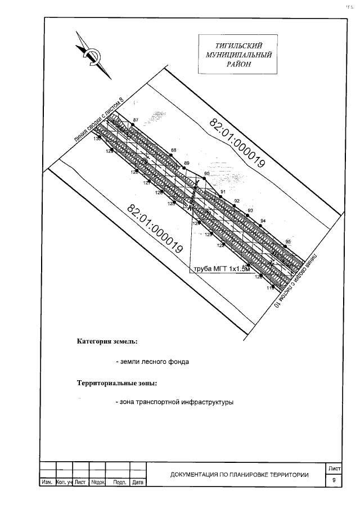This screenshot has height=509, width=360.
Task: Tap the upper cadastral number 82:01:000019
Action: (x=237, y=143)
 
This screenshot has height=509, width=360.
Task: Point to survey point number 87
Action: (x=136, y=120)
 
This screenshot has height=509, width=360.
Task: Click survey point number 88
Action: (x=174, y=150)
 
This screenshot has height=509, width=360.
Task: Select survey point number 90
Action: (x=206, y=174)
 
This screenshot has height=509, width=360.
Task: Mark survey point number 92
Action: (x=237, y=201)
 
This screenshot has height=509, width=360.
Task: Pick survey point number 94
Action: (x=263, y=220)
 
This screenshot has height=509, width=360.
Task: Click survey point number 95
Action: (x=288, y=242)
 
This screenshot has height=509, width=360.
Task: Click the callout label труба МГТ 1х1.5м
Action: (x=220, y=269)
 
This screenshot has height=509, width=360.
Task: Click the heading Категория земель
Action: (x=107, y=341)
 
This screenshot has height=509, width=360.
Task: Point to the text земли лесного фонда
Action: (x=152, y=362)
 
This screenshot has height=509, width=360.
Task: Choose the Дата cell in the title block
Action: (x=138, y=483)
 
